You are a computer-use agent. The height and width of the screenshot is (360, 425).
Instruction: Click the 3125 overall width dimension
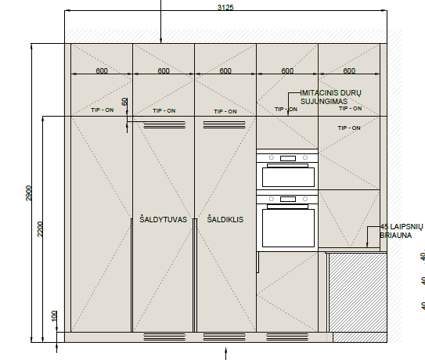tap(225, 7)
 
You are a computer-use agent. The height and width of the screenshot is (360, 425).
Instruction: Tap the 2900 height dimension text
tap(28, 193)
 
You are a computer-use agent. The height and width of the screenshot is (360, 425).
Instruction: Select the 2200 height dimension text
tap(40, 229)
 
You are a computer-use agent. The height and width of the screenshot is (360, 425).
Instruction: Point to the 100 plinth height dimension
tap(54, 316)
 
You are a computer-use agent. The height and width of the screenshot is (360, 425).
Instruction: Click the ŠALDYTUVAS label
tap(163, 219)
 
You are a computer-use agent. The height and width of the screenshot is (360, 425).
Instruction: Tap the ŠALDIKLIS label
tap(225, 219)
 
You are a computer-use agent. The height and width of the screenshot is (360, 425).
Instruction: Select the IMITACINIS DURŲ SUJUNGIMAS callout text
tap(330, 97)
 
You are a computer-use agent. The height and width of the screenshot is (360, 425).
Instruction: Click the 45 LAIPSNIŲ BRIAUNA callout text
tap(402, 231)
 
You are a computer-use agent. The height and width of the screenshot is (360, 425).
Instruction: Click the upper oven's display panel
tap(288, 158)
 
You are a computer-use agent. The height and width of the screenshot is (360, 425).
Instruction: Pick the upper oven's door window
tap(288, 178)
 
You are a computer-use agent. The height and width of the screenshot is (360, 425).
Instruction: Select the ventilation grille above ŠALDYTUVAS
tap(164, 125)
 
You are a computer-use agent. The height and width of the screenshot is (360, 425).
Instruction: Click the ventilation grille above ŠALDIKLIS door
tap(224, 125)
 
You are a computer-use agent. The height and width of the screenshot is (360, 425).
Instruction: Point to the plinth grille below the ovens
tap(287, 337)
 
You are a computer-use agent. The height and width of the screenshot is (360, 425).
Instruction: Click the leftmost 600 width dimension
tap(102, 70)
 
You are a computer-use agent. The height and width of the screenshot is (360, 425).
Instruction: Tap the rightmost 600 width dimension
tap(349, 70)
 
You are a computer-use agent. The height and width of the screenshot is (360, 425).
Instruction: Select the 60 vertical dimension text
tap(124, 102)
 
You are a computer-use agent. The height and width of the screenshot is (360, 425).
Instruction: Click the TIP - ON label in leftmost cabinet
tap(103, 110)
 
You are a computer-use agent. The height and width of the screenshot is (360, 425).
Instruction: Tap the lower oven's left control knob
tap(272, 199)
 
